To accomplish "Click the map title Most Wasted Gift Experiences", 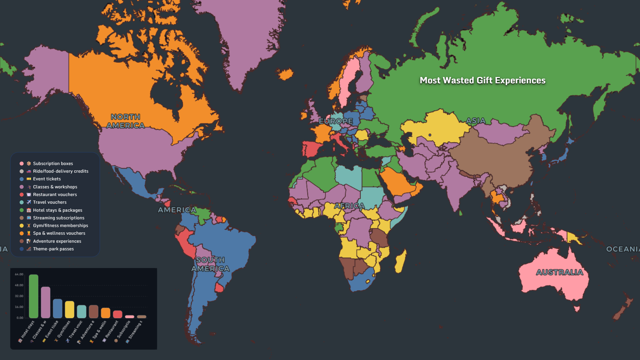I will point(482,80).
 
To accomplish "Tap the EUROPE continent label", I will point(336,121).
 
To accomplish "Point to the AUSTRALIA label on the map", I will point(560,272).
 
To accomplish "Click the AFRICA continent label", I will point(349,206).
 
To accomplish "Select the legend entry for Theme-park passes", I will point(53,249).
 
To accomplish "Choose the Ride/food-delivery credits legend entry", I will point(60,171).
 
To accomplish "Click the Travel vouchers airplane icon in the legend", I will point(29,202).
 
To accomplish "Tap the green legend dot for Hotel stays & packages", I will point(22,210).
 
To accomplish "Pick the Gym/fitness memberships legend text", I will point(60,226).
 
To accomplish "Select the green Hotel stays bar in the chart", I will point(34,296).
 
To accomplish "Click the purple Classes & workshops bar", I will point(46,302).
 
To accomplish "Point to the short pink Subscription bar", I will point(130,317).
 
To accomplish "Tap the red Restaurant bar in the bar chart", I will point(118,314).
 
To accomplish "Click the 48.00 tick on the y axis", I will point(19,285).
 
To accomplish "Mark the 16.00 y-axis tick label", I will point(19,307).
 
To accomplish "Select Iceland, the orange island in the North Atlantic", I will point(286,74).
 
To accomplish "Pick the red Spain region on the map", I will point(312,149).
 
